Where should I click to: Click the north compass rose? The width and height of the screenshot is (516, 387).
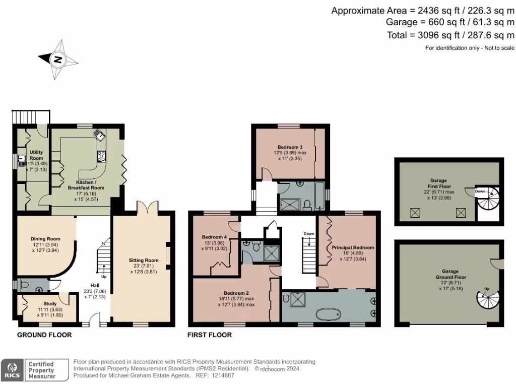[58, 60]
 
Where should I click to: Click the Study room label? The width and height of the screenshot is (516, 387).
[47, 304]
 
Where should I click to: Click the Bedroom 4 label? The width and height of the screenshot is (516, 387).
[214, 237]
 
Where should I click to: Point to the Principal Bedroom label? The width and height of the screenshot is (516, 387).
[353, 247]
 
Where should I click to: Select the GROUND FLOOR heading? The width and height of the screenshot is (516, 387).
[44, 335]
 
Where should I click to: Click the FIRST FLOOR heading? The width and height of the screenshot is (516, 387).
[210, 335]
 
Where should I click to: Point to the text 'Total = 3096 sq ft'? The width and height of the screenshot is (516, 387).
[422, 35]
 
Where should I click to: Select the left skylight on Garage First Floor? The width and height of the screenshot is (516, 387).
[416, 214]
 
